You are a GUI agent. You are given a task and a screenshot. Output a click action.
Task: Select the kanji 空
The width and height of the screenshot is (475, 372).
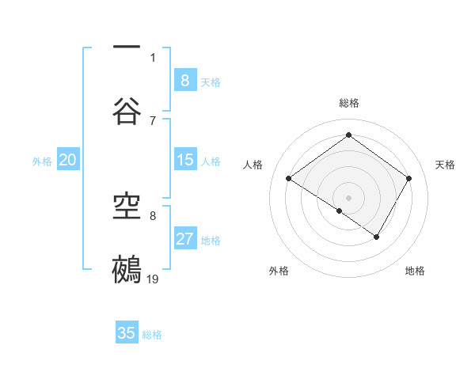point(127,207)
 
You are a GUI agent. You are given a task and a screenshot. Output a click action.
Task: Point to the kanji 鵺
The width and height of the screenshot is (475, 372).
point(127,269)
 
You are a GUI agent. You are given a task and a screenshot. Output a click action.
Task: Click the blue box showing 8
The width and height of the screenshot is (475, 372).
point(185,80)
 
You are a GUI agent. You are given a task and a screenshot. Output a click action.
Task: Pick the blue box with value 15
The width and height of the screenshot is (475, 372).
point(185,160)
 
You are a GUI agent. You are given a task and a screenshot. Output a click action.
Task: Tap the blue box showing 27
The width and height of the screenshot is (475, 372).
point(185,239)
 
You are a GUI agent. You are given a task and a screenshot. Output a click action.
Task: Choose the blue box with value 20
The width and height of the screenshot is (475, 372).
point(67,160)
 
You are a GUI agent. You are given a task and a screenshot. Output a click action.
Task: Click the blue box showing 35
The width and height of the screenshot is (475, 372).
point(127,333)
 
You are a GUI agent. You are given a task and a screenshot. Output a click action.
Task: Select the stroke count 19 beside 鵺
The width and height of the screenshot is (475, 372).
point(154,279)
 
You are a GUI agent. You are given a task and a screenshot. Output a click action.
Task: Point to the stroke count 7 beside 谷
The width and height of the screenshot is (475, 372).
point(153,120)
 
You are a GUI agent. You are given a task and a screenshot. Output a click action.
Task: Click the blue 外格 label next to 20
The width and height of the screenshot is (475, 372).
point(42,161)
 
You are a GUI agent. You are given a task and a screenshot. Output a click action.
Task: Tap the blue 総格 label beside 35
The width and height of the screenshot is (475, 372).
point(152,335)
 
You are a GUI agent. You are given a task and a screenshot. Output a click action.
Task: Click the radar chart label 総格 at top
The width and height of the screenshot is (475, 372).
point(349,103)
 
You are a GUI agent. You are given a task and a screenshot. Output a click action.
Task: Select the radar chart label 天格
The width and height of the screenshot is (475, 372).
point(445,165)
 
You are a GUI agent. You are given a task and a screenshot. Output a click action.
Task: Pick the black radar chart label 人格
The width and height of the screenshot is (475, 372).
point(253,165)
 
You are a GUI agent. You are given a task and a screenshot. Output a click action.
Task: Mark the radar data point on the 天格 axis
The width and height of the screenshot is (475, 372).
point(409,179)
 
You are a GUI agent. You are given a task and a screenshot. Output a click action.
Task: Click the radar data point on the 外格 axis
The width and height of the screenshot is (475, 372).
point(340,211)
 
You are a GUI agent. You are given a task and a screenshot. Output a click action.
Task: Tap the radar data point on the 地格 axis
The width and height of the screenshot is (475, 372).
point(377,237)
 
